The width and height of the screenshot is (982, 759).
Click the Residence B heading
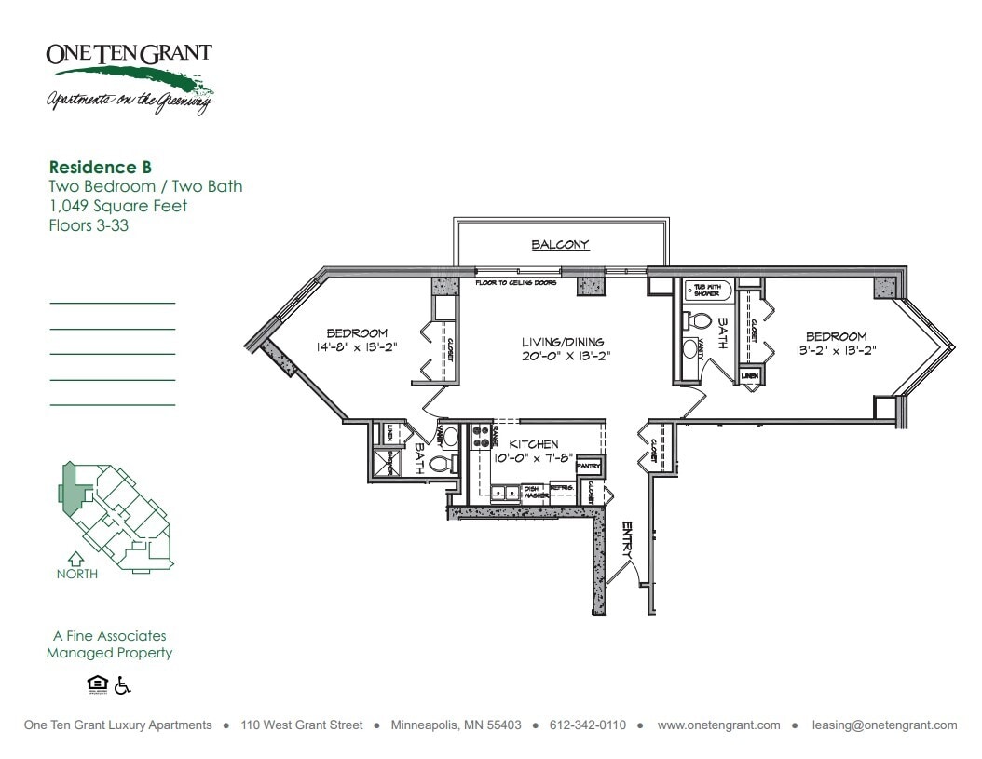point(100,168)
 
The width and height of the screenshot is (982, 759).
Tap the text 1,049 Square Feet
point(117,206)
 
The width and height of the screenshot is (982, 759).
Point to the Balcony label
point(560,245)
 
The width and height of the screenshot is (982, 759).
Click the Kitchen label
point(533,445)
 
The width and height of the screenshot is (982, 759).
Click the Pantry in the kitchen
point(589,465)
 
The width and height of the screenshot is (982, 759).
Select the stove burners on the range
point(483,437)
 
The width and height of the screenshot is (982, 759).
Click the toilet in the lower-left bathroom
point(439,464)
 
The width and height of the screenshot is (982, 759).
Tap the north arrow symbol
point(76,560)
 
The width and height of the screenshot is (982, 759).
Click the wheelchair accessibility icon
point(123,685)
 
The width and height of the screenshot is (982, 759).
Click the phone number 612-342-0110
point(588,725)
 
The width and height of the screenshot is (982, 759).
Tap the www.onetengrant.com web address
point(718,725)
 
